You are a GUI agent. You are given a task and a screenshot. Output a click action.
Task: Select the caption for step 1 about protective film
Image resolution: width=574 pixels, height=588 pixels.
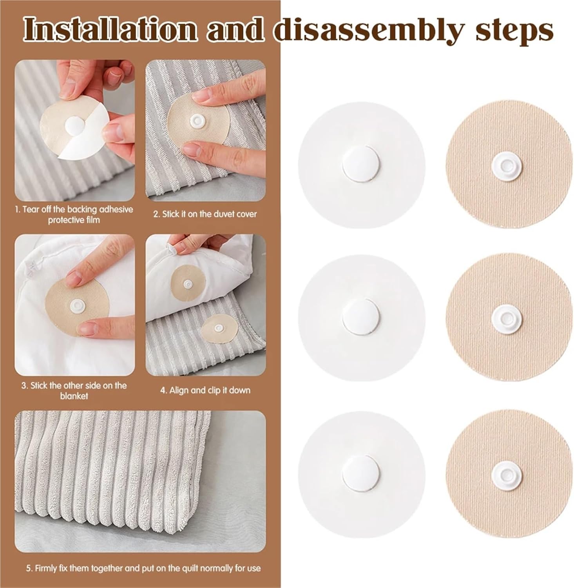coord(74,214)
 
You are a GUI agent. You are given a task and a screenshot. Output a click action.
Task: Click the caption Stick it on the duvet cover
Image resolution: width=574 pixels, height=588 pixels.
coord(205,214)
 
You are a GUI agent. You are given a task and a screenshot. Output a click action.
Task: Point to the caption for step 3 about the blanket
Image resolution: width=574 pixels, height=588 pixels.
coord(74,390)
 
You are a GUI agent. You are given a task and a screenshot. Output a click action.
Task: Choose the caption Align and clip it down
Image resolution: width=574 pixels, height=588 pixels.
coord(205,390)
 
